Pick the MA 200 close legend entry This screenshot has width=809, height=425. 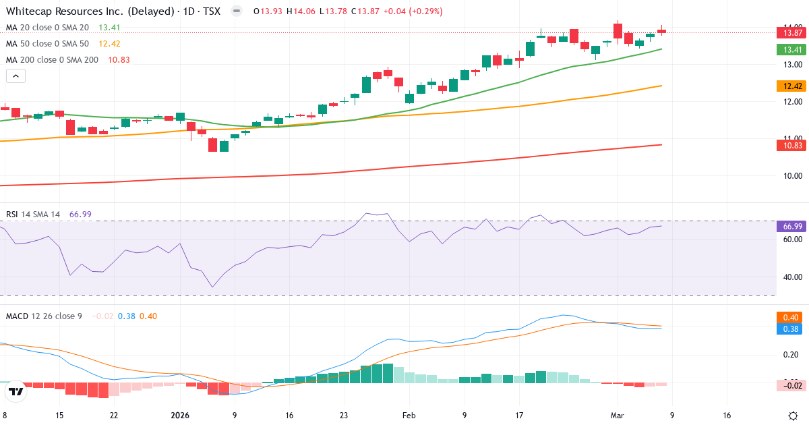(x=52, y=59)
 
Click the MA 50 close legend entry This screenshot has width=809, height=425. (x=47, y=43)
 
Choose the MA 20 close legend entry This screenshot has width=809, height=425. (x=47, y=27)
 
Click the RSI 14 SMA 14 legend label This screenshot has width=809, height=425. (x=33, y=214)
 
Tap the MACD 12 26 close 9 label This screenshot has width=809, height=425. (x=44, y=316)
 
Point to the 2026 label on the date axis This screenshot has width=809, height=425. (x=180, y=416)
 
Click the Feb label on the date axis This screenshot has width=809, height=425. (x=410, y=416)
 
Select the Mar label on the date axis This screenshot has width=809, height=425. (x=618, y=416)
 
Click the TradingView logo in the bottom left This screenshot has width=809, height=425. (x=16, y=391)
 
